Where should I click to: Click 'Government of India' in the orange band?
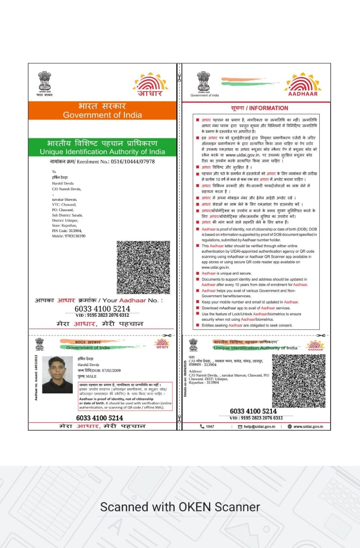(x=102, y=115)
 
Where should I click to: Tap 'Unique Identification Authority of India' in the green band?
(x=102, y=152)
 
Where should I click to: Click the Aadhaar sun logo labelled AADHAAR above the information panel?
(x=303, y=84)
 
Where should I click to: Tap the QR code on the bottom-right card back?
(x=298, y=381)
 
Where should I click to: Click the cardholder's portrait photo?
(x=57, y=375)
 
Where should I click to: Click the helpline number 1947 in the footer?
(x=210, y=426)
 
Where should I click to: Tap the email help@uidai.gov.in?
(x=259, y=426)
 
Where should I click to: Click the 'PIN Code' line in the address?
(x=67, y=230)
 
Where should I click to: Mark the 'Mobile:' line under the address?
(x=68, y=236)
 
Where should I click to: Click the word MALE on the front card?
(x=91, y=376)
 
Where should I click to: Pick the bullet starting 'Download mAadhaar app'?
(x=246, y=308)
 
